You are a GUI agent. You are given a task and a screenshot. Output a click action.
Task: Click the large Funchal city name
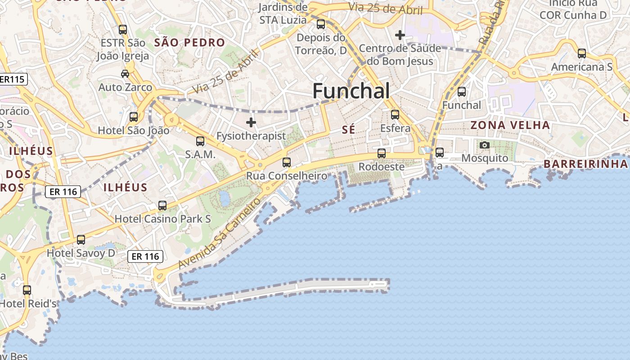[351, 91]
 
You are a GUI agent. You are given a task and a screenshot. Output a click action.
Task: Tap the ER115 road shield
[13, 79]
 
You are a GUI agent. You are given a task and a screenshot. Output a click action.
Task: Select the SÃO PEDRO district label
[189, 43]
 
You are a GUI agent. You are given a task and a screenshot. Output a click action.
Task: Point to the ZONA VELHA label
[510, 125]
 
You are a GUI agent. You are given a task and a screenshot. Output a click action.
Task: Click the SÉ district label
[348, 130]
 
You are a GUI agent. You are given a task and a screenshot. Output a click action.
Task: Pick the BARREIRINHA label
[585, 164]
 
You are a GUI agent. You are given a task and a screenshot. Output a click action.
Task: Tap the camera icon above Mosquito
[485, 145]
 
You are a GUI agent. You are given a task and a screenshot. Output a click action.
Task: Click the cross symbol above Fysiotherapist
[251, 122]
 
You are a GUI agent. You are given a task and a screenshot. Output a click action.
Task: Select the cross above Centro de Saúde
[400, 35]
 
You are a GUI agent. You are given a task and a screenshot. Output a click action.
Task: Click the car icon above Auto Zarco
[125, 73]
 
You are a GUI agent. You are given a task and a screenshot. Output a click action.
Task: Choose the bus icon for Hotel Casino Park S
[162, 206]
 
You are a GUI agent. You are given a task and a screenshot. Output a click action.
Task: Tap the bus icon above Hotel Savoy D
[81, 240]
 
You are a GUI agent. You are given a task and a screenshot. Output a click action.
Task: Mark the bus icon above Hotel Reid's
[27, 290]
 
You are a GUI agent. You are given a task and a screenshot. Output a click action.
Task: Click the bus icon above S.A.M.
[200, 141]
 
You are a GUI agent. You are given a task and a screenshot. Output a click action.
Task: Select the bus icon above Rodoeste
[382, 153]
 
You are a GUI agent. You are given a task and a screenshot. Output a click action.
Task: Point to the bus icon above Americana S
[582, 54]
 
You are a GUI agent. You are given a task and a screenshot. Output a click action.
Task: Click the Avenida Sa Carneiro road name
[220, 234]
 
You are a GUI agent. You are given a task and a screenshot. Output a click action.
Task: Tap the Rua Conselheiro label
[287, 175]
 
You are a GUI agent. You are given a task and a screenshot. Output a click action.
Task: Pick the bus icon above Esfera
[395, 115]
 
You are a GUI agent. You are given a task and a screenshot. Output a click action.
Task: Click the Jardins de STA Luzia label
[283, 13]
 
